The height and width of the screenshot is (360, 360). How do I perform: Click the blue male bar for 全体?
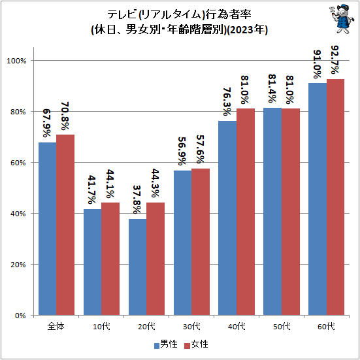[x=47, y=229]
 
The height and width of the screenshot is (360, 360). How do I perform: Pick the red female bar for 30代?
[x=201, y=242]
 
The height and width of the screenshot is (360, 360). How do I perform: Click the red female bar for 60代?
[x=335, y=197]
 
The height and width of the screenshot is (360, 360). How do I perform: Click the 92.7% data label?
[x=335, y=60]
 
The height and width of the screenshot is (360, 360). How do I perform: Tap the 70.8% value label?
[x=65, y=116]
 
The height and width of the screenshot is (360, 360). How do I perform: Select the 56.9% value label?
[x=182, y=152]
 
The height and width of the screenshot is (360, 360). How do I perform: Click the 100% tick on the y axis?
[x=16, y=61]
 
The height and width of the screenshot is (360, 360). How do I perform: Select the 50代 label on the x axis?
[x=282, y=326]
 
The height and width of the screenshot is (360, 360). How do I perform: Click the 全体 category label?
[x=56, y=326]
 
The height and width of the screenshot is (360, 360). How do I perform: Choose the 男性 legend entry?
[x=166, y=344]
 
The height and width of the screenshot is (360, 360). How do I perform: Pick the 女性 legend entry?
[x=196, y=344]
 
